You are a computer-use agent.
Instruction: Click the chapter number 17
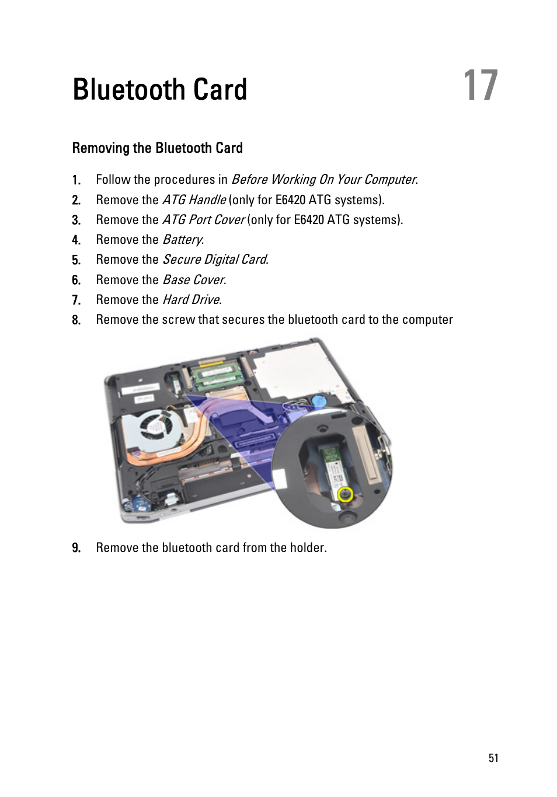[x=481, y=86]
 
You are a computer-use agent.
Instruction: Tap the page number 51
[x=493, y=758]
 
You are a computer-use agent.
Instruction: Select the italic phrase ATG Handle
[x=194, y=200]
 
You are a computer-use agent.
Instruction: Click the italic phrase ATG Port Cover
[x=203, y=220]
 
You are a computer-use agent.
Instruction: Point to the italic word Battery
[x=182, y=240]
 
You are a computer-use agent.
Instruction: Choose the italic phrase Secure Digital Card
[x=214, y=260]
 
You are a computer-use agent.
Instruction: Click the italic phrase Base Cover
[x=193, y=280]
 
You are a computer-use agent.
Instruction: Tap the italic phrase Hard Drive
[x=191, y=300]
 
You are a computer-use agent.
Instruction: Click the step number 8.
[x=76, y=320]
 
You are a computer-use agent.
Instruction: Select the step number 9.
[x=76, y=548]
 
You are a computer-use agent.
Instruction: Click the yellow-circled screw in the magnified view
[x=346, y=495]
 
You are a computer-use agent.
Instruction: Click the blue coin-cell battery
[x=318, y=401]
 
